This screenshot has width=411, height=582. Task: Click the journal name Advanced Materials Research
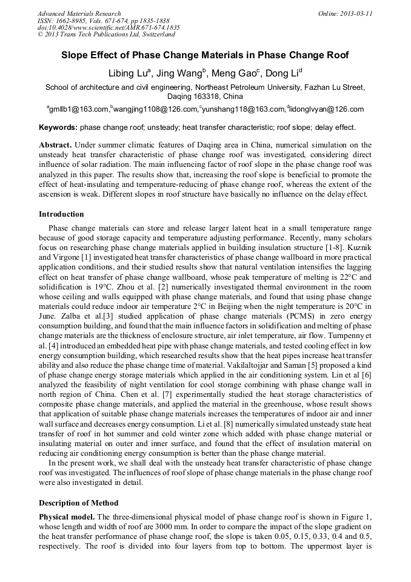tap(79, 13)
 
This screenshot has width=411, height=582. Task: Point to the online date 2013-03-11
tap(354, 13)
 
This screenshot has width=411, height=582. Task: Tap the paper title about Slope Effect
tap(205, 55)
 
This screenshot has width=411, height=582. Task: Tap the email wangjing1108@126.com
tap(155, 110)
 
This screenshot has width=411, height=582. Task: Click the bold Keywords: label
tap(58, 128)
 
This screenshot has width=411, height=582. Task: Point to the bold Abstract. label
tap(56, 146)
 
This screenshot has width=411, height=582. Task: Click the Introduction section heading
tap(61, 214)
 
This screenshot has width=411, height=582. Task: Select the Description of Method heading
tap(79, 503)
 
